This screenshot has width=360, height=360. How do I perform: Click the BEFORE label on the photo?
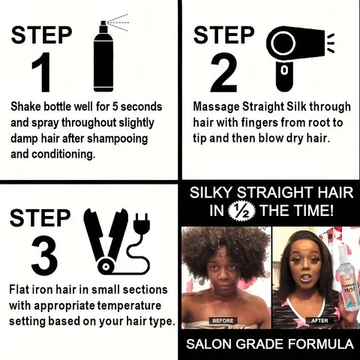point(224,320)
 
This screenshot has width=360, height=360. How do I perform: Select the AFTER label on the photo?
point(319,320)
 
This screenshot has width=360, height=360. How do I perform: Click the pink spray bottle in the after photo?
point(346,277)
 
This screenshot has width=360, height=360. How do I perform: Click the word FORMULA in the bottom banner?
point(319,345)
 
